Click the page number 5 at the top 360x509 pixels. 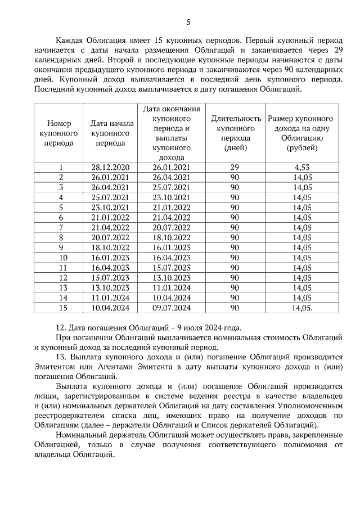coord(188,22)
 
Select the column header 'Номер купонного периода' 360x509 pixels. coord(60,133)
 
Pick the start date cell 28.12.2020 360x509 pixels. coord(110,167)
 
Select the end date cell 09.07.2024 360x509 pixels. coord(172,308)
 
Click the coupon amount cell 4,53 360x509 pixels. coord(301,167)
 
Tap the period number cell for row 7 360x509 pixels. coord(60,227)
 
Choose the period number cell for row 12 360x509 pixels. coord(60,277)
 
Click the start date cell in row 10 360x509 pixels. coord(110,258)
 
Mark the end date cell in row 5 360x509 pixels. coord(172,207)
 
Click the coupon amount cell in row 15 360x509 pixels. coord(301,308)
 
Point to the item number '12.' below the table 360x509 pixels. coord(62,328)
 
